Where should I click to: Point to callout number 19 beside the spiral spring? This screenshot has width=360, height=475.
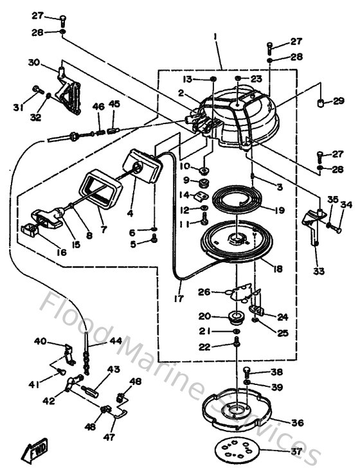278,210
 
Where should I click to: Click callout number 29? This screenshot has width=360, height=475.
339,102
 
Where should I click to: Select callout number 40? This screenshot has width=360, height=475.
40,341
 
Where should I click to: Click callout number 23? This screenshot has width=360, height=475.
256,78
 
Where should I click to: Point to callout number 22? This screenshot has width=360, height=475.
204,347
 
